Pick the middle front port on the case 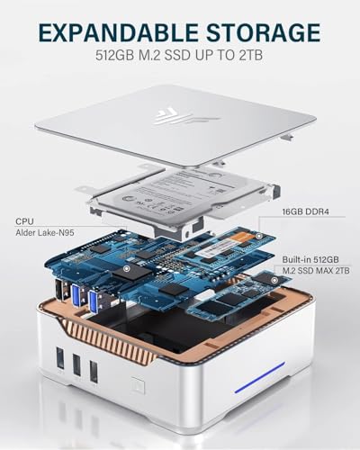(x=76, y=369)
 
